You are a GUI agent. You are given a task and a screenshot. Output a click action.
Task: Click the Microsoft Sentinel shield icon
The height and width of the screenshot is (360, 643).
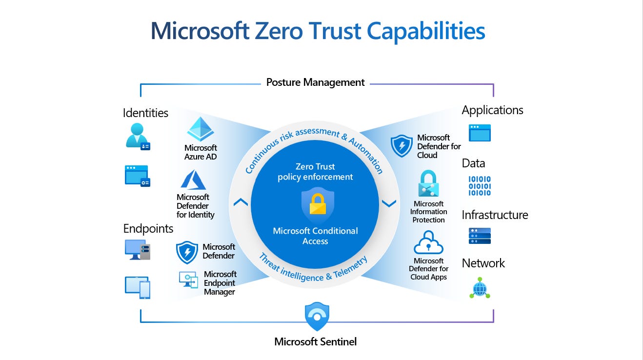[x=317, y=317]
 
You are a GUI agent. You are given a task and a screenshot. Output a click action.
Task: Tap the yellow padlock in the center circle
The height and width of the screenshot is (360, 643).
[x=317, y=205]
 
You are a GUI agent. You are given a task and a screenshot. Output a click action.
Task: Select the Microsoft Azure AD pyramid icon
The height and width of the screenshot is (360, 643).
[x=201, y=129]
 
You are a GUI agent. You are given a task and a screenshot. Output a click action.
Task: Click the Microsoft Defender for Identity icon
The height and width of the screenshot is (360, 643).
[x=193, y=180]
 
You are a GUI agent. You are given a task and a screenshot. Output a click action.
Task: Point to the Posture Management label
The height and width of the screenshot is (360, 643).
[x=315, y=82]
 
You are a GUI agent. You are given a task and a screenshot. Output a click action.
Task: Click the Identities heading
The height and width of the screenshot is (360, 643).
[x=145, y=113]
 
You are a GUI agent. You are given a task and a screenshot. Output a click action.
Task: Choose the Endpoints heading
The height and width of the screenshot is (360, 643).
[x=148, y=228]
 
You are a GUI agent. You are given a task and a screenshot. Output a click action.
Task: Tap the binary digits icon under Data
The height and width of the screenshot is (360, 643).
[x=480, y=186]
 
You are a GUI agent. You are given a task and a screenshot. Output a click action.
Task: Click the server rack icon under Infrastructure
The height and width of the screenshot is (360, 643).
[x=480, y=236]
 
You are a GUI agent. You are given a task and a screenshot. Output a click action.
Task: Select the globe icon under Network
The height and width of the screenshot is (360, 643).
[x=480, y=287]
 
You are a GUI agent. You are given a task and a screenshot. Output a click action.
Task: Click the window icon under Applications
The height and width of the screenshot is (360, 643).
[x=480, y=133]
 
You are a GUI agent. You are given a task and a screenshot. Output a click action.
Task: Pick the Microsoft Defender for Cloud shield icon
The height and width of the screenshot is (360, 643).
[x=402, y=146]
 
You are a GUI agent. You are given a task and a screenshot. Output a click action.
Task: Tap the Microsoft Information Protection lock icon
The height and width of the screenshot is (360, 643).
[x=429, y=183]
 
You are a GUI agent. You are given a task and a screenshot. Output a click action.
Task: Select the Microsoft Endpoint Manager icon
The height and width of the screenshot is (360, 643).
[x=188, y=280]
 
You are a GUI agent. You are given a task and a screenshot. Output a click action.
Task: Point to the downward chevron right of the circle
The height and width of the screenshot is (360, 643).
[x=389, y=203]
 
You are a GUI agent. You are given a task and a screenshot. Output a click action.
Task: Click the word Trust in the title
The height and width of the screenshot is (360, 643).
[x=334, y=31]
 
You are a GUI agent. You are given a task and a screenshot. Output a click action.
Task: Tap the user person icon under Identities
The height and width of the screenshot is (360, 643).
[x=137, y=135]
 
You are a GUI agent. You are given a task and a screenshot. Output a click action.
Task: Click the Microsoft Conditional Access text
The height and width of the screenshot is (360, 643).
[x=315, y=236]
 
